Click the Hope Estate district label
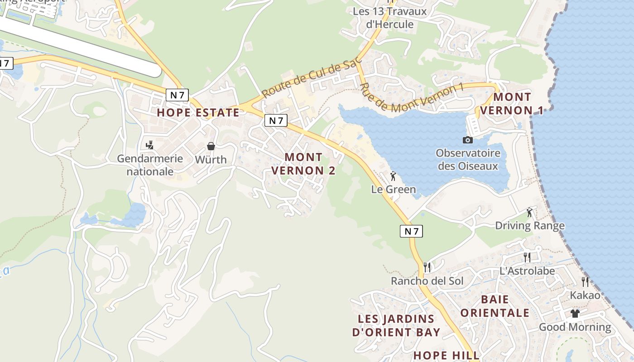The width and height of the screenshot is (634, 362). (x=198, y=113)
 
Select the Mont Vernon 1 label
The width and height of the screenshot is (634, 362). (x=512, y=104)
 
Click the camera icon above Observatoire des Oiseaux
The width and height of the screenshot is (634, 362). (x=468, y=140)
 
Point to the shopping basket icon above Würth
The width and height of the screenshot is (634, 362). (x=211, y=146)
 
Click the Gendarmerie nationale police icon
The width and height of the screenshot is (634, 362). (x=149, y=145)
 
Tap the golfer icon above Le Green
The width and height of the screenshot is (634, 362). (x=393, y=176)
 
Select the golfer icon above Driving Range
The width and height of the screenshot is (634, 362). (x=529, y=212)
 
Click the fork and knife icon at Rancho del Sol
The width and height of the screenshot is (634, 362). (x=427, y=267)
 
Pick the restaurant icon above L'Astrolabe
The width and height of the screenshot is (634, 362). (x=527, y=257)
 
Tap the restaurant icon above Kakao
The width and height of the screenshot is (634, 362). (x=585, y=282)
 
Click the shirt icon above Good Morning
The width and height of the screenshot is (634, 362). (x=575, y=313)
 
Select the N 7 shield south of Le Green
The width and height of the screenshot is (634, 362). (x=412, y=231)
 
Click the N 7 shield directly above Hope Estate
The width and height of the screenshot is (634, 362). (x=177, y=95)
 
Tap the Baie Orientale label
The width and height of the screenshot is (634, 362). (x=495, y=306)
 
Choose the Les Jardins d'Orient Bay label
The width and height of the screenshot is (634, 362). (x=396, y=325)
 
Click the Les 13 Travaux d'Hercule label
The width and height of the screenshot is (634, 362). (x=389, y=18)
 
